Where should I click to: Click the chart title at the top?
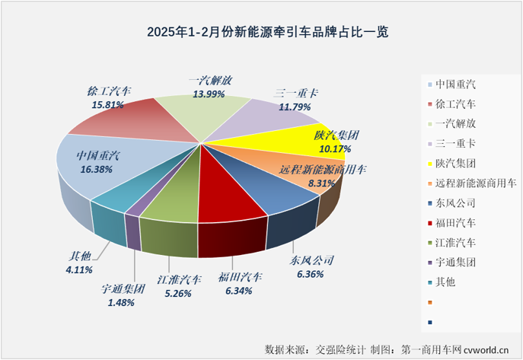tap(261, 32)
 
